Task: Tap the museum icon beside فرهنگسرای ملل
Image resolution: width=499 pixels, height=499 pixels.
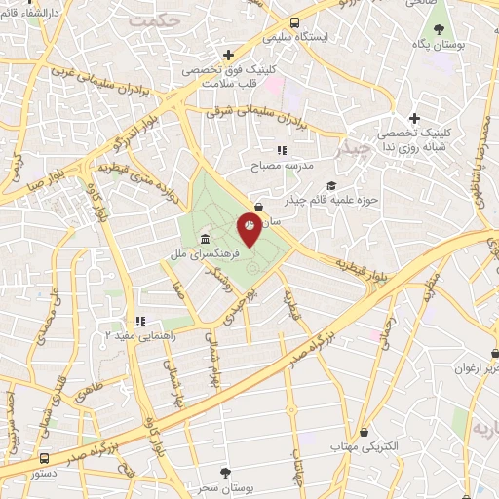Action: (204, 240)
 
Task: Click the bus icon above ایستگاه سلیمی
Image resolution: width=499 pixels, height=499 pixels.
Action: (294, 21)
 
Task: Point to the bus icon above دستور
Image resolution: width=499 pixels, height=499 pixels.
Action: (44, 457)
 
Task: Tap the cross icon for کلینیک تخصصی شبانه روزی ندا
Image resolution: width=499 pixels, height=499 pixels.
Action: (414, 118)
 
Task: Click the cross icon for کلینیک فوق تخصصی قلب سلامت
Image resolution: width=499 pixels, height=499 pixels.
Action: (228, 55)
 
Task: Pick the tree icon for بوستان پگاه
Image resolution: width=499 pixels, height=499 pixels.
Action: (438, 29)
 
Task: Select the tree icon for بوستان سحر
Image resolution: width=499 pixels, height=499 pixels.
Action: (226, 472)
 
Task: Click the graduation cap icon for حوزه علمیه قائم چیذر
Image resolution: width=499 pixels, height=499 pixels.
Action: (331, 185)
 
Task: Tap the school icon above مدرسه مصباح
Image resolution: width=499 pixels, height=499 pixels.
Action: (282, 150)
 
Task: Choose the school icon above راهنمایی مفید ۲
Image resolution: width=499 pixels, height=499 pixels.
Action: (140, 320)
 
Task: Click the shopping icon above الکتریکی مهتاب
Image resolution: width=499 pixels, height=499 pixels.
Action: (365, 431)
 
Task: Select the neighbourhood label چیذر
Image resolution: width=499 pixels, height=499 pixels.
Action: (352, 152)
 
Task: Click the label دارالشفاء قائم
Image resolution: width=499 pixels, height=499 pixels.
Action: (36, 12)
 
